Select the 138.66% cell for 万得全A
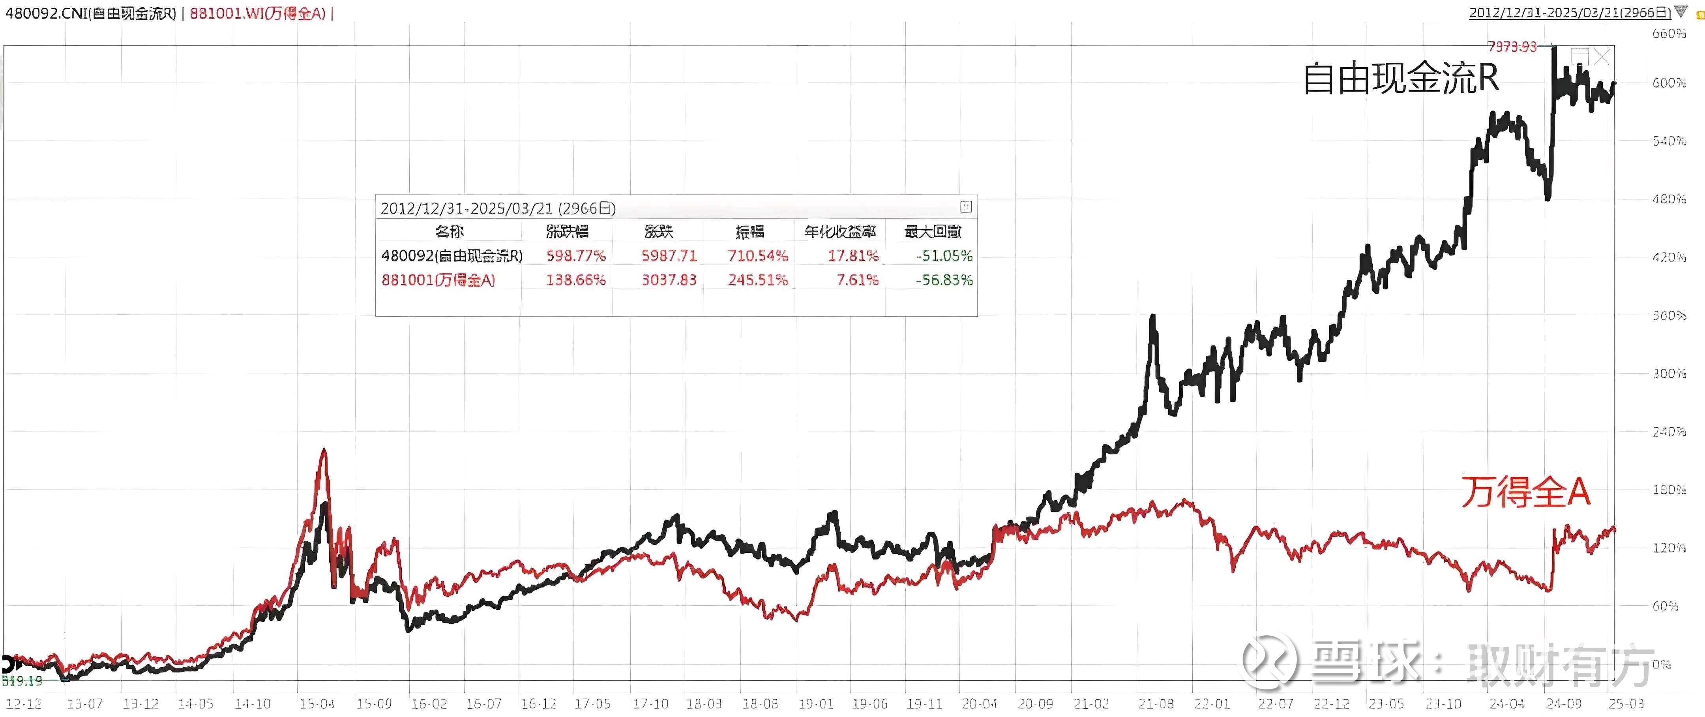575,280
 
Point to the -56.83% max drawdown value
944,280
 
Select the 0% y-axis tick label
1661,664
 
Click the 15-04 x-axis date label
317,704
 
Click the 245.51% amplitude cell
758,280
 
